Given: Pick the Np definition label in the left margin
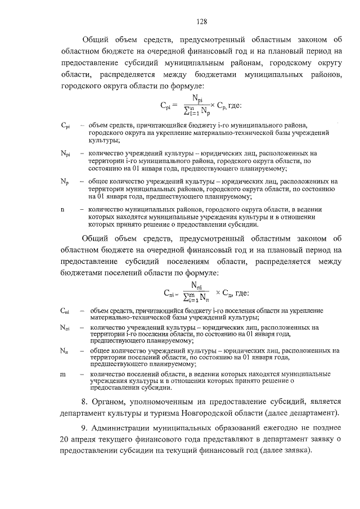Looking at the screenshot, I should click(x=64, y=182).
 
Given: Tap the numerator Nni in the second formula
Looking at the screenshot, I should click(x=197, y=286).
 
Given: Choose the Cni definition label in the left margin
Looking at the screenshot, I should click(x=64, y=311).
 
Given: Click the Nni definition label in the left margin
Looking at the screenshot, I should click(x=65, y=327).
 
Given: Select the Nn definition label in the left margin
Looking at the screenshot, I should click(x=64, y=350).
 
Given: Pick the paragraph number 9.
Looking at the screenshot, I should click(x=84, y=427).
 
